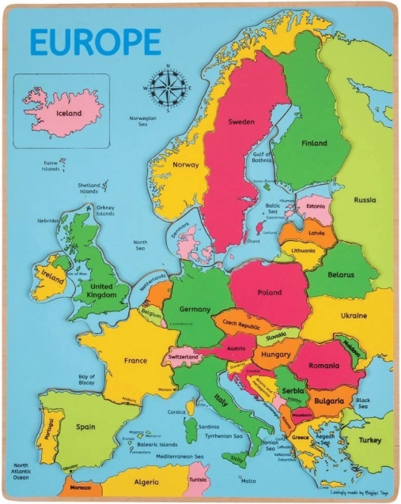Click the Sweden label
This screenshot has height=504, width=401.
click(x=241, y=122)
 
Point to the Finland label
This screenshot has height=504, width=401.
click(x=314, y=143)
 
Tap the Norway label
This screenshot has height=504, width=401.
click(x=185, y=164)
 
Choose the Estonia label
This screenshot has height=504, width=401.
click(x=316, y=207)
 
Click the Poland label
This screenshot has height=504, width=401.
click(x=269, y=292)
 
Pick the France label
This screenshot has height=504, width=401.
click(x=135, y=360)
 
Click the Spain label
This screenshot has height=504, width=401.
click(x=85, y=427)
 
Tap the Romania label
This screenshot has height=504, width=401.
click(x=324, y=366)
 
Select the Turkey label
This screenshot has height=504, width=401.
click(x=370, y=440)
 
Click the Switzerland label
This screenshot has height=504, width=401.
click(x=183, y=357)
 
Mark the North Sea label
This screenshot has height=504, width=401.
click(x=140, y=245)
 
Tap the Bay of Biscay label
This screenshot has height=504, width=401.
click(x=87, y=380)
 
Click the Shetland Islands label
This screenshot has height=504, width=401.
click(x=89, y=188)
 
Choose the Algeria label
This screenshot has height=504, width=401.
click(x=146, y=481)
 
